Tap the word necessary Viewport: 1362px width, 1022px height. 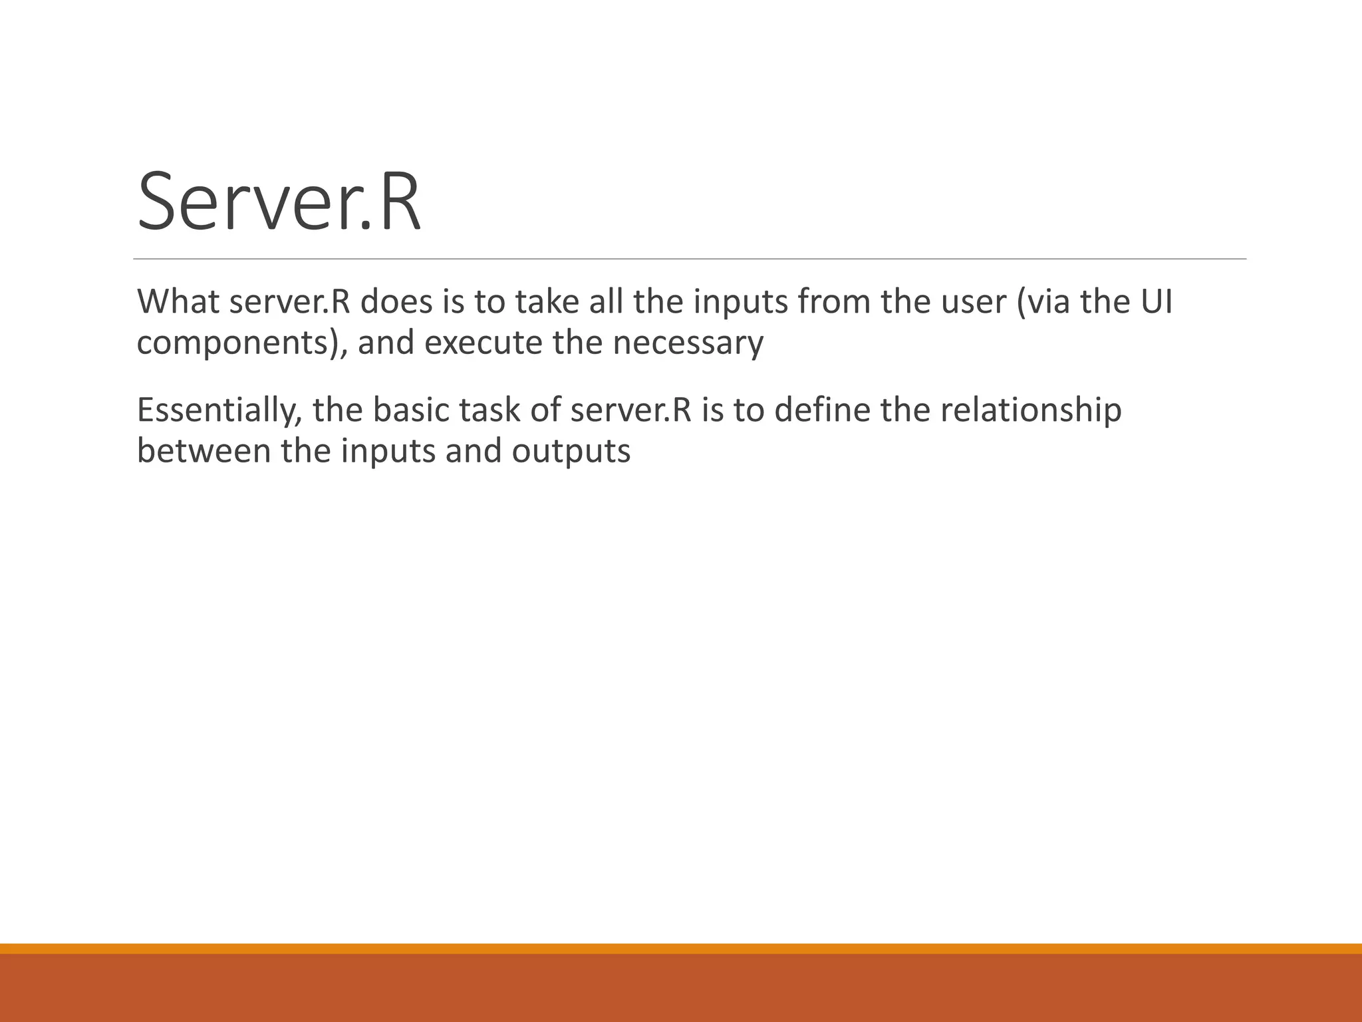point(688,344)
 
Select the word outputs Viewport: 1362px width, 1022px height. point(571,452)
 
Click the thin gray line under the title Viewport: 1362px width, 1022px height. point(690,259)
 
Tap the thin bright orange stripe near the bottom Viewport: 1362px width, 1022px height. point(681,948)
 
